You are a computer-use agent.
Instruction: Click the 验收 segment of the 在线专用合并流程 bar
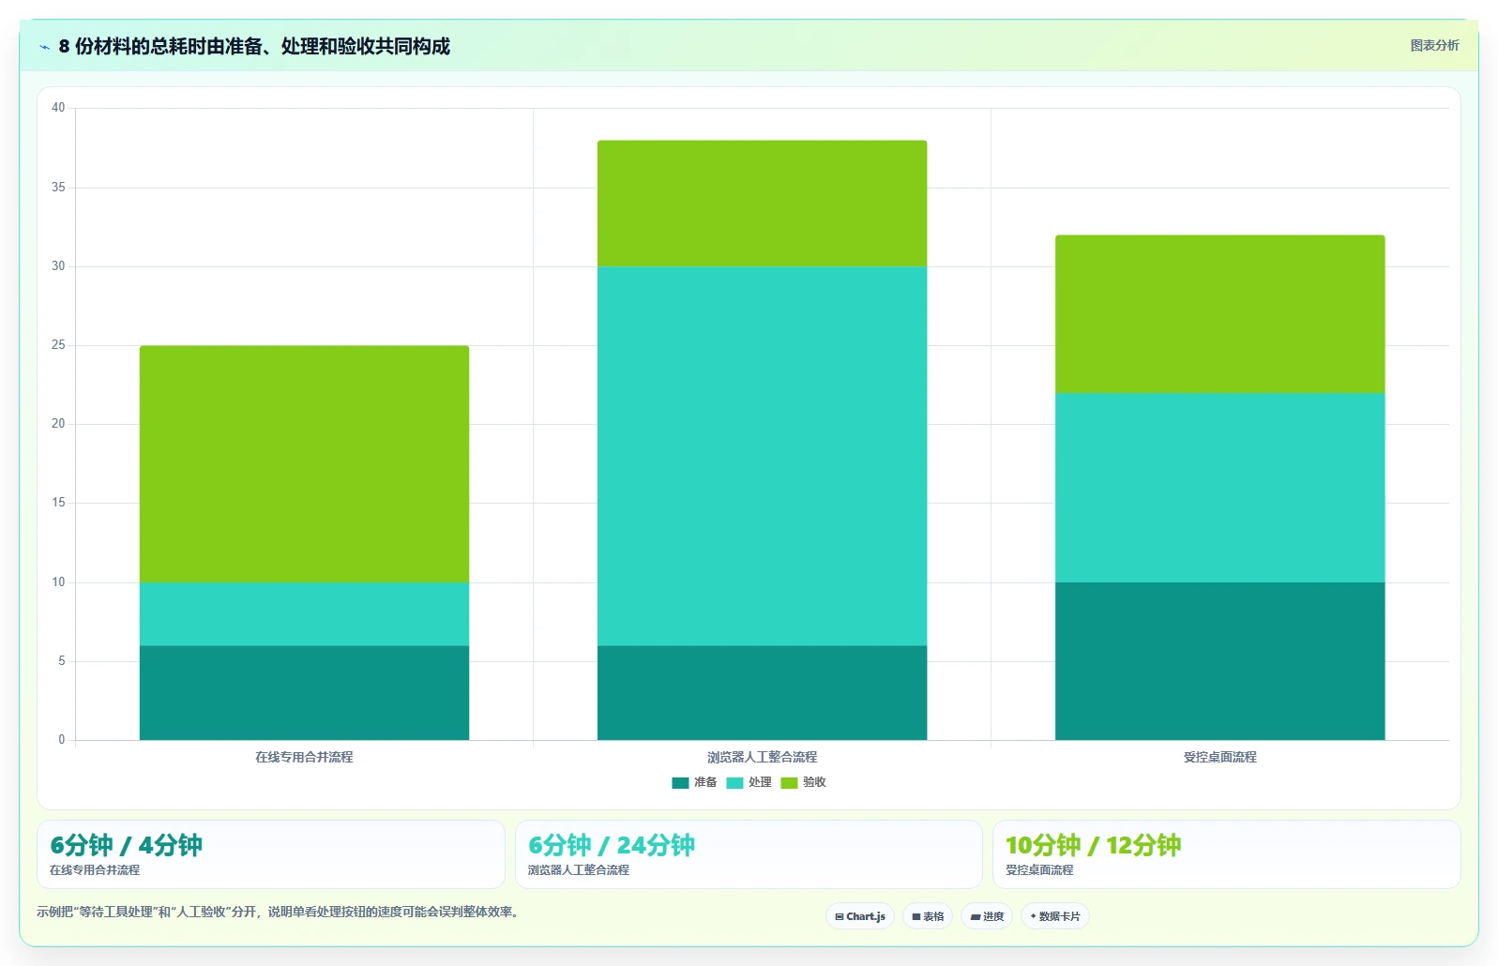point(304,464)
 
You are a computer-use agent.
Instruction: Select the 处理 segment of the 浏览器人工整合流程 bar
point(763,456)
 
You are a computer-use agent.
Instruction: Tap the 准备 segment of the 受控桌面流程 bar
point(1219,661)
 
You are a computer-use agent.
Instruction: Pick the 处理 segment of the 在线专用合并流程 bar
point(304,614)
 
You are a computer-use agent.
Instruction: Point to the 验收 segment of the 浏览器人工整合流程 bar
point(763,204)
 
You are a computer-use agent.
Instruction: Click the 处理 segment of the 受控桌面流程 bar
point(1219,488)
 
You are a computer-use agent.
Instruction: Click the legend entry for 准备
point(694,782)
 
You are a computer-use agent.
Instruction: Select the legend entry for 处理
point(749,782)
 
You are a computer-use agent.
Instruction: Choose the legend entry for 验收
point(803,782)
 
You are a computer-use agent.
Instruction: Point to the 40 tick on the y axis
point(58,108)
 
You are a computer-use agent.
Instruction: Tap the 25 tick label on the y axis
point(58,345)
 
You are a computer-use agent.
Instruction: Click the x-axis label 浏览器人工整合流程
point(763,757)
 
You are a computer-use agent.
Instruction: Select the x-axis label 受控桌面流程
point(1219,757)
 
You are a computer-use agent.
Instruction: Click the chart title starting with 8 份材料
point(254,46)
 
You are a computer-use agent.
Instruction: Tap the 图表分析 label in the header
point(1434,45)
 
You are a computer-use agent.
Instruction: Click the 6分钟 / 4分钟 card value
point(126,845)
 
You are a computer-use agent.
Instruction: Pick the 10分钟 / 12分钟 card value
point(1093,845)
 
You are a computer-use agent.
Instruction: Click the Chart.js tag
point(860,916)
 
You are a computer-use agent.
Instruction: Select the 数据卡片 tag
point(1054,916)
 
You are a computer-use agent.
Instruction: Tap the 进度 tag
point(987,916)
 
